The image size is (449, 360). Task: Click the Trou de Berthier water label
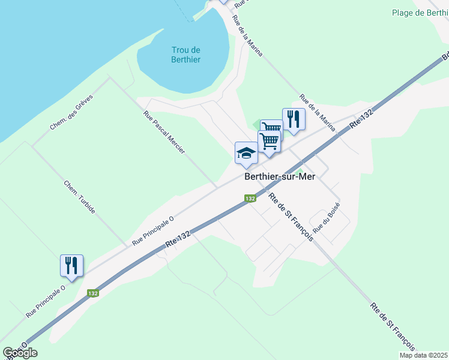point(185,55)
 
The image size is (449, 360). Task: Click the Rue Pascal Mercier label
point(164,133)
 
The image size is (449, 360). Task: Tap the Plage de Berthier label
point(420,13)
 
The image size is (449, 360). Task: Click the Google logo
point(20,353)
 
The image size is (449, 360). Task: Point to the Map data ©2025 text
point(423,355)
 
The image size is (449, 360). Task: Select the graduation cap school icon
point(246,153)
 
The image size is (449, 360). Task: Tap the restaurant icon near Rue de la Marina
point(294,118)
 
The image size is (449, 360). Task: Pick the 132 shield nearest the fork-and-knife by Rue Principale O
point(92,293)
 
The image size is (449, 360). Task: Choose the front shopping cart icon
point(270,142)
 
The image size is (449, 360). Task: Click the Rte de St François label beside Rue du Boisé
point(291,217)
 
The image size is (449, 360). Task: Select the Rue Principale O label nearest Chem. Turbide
point(152,232)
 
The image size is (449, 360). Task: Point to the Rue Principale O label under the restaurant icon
point(45,302)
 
